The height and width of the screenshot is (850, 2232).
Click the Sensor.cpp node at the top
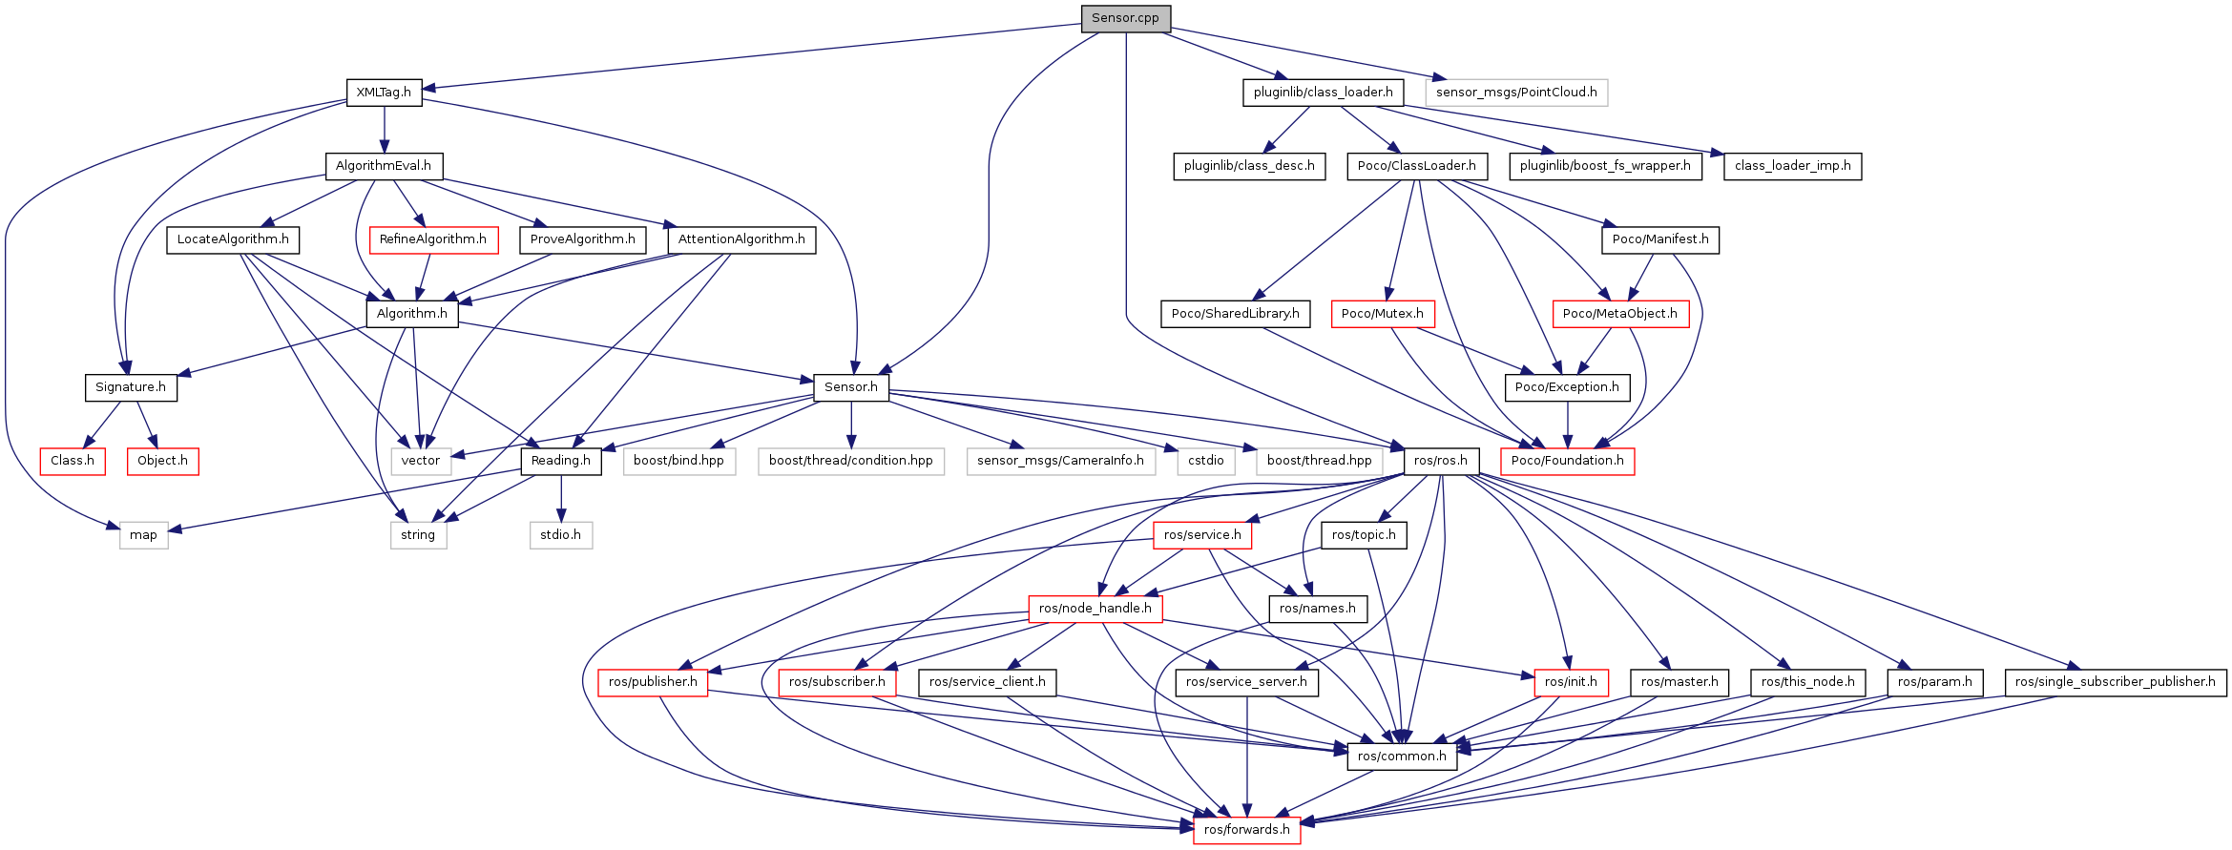click(1126, 18)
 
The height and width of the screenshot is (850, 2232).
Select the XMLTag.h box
click(384, 93)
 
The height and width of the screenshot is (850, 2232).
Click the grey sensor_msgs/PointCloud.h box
click(1516, 93)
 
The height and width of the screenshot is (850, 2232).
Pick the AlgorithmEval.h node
click(384, 166)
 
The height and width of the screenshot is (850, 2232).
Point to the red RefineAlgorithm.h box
click(433, 239)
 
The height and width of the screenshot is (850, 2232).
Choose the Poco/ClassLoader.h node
click(1416, 166)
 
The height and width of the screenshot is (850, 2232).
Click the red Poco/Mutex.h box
click(1382, 314)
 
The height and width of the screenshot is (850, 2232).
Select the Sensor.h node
click(851, 387)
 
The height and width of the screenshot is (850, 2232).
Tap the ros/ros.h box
click(1441, 461)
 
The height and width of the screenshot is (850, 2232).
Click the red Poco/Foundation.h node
click(1567, 461)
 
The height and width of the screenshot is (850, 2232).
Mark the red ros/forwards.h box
click(1246, 830)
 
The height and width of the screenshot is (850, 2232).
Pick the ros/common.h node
click(1402, 757)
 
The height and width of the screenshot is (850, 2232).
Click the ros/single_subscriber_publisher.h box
click(2116, 682)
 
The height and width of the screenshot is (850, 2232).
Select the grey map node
click(143, 535)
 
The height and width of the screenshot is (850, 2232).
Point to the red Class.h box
click(73, 461)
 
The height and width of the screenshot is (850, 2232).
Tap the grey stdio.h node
click(561, 535)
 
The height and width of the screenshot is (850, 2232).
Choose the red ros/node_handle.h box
click(1095, 609)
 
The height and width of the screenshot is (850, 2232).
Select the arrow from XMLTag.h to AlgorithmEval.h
click(384, 129)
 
